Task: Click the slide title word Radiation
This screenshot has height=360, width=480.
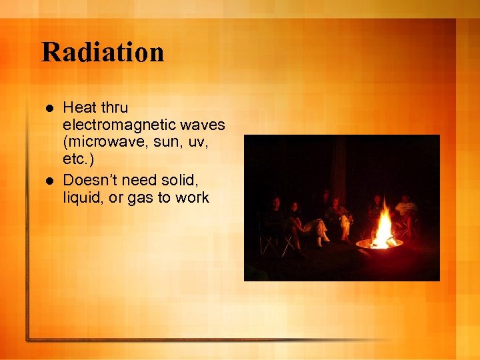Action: click(x=103, y=52)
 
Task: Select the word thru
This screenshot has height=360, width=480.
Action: click(x=114, y=107)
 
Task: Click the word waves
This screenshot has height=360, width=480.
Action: click(x=201, y=125)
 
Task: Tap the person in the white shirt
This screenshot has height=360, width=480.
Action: click(x=405, y=209)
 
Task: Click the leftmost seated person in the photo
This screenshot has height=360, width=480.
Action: click(x=273, y=220)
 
